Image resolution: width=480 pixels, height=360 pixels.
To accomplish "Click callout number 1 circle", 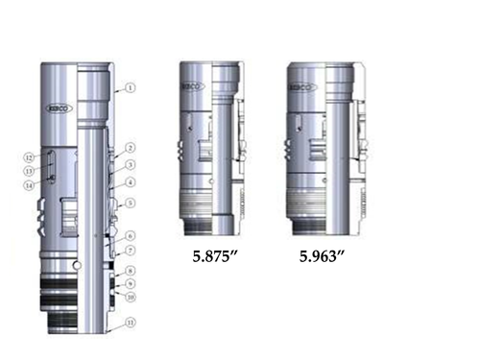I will tap(130, 87).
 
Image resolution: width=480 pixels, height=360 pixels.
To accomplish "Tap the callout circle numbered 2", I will tap(130, 148).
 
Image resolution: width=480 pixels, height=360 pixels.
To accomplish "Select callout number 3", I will tap(130, 164).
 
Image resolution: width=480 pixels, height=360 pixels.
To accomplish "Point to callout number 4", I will tap(130, 181).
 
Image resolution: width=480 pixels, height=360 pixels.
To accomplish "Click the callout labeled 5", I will tap(130, 203).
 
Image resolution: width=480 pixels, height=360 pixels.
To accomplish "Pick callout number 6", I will tap(130, 235).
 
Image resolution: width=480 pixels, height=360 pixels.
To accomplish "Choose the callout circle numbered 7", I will tap(130, 250).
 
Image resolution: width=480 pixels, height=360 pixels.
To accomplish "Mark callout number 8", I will tap(130, 272).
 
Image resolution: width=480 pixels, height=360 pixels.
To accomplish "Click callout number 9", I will tap(130, 285).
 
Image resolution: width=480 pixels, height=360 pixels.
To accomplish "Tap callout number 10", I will tap(130, 298).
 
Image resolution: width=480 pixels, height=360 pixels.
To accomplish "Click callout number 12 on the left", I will tap(30, 156).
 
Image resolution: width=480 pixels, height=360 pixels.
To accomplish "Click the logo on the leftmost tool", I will tap(60, 111).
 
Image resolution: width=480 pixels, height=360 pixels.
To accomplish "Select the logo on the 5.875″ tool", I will tap(193, 86).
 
